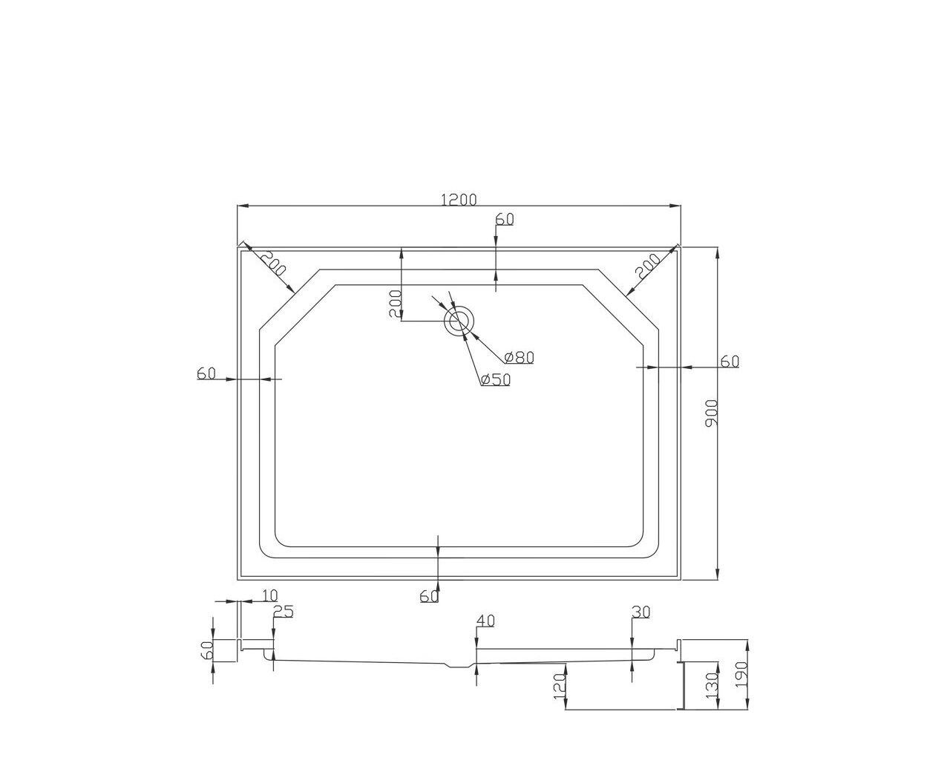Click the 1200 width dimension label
pyautogui.click(x=458, y=199)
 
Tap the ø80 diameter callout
pyautogui.click(x=519, y=357)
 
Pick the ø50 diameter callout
pyautogui.click(x=496, y=380)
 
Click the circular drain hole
pyautogui.click(x=459, y=321)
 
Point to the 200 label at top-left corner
pyautogui.click(x=273, y=263)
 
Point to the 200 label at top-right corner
pyautogui.click(x=647, y=266)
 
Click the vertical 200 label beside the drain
pyautogui.click(x=395, y=304)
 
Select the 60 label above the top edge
pyautogui.click(x=505, y=219)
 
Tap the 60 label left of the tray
pyautogui.click(x=206, y=373)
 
